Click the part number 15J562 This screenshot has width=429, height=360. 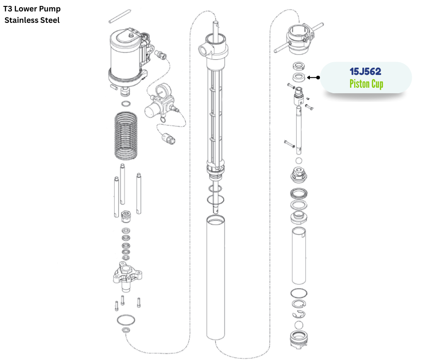(x=365, y=72)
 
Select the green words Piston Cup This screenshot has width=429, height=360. (x=366, y=84)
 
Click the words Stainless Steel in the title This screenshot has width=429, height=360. (x=32, y=20)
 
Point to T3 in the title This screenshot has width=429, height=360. (x=8, y=9)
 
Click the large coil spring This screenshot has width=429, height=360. (x=126, y=135)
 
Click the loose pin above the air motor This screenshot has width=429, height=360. (x=120, y=16)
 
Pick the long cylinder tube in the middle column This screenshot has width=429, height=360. (x=215, y=277)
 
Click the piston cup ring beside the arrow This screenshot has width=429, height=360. (x=299, y=77)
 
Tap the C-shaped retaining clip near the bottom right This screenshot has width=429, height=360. (x=298, y=315)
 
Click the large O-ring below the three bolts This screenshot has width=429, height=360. (x=126, y=320)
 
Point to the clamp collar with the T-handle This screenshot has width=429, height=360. (x=299, y=39)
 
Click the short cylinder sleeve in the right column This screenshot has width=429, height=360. (x=299, y=256)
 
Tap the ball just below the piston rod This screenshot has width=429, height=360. (x=299, y=161)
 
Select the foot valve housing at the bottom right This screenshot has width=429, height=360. (x=299, y=340)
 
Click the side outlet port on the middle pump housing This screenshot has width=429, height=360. (x=204, y=50)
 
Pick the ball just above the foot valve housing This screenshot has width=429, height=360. (x=299, y=325)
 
